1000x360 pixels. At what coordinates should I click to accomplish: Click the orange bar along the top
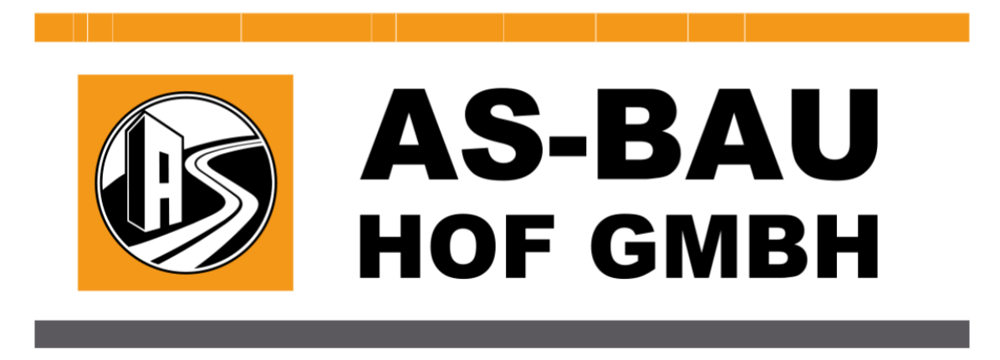500,27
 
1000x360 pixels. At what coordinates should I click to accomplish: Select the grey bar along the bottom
500,333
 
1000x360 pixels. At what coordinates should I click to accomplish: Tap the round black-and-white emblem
185,182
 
